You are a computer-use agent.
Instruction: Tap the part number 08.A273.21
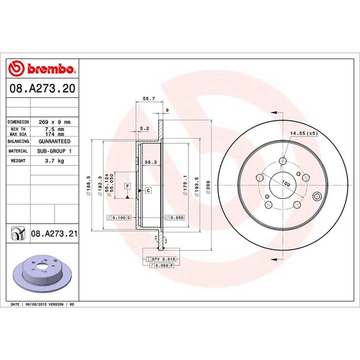tap(54, 234)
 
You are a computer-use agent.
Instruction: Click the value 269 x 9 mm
tap(54, 122)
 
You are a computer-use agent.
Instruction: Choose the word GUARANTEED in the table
tap(54, 141)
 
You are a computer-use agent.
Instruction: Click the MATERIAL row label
tap(18, 151)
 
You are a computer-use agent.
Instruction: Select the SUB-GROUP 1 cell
tap(54, 151)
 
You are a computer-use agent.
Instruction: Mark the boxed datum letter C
tap(148, 191)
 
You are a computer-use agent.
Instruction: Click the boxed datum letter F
tap(127, 186)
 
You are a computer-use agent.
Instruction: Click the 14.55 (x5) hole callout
tap(304, 133)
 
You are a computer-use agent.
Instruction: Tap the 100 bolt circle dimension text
tap(286, 184)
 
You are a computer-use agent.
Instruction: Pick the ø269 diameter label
tap(208, 186)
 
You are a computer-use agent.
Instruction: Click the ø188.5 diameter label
tap(88, 186)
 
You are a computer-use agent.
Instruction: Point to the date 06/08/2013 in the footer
tap(36, 304)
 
